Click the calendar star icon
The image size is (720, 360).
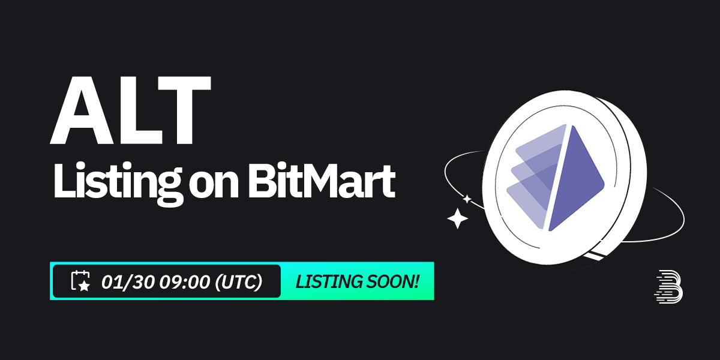click(x=80, y=281)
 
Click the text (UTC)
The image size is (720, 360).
click(x=238, y=281)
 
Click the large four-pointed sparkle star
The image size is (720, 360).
click(x=458, y=218)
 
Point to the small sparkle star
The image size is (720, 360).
click(x=467, y=199)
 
